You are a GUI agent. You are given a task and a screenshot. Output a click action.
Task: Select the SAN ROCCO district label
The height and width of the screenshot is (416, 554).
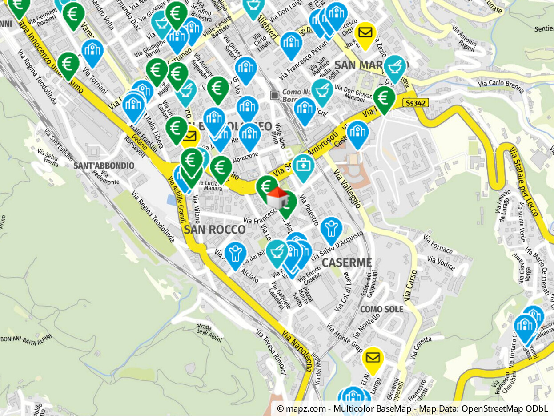(x=214, y=230)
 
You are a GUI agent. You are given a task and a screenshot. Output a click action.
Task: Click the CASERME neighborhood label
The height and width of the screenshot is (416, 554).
(x=346, y=263)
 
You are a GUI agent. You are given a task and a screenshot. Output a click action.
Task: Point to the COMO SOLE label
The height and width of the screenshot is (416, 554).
(x=381, y=309)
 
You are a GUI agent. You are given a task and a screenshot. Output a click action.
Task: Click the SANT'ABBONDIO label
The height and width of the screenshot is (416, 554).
(x=104, y=166)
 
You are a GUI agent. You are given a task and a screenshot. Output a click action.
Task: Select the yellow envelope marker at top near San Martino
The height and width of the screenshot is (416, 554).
(x=365, y=33)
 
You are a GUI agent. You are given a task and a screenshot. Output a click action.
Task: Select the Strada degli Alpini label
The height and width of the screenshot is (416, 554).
(x=209, y=332)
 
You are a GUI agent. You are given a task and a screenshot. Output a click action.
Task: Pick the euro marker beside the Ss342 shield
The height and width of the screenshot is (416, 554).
(x=384, y=98)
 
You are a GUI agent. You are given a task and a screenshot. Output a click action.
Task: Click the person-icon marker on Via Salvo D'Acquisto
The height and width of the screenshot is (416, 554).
(x=331, y=229)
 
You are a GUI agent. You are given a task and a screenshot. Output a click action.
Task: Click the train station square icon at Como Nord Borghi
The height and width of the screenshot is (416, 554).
(x=275, y=95)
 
